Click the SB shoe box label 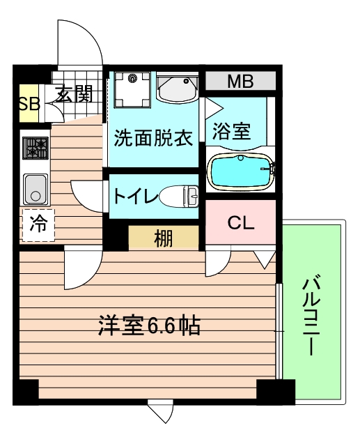(29, 104)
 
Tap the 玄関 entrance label (74, 93)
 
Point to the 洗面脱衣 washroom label (152, 137)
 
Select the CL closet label (242, 223)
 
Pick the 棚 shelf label (164, 239)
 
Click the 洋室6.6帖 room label (149, 325)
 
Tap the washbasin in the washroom (177, 89)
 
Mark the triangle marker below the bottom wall (161, 412)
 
